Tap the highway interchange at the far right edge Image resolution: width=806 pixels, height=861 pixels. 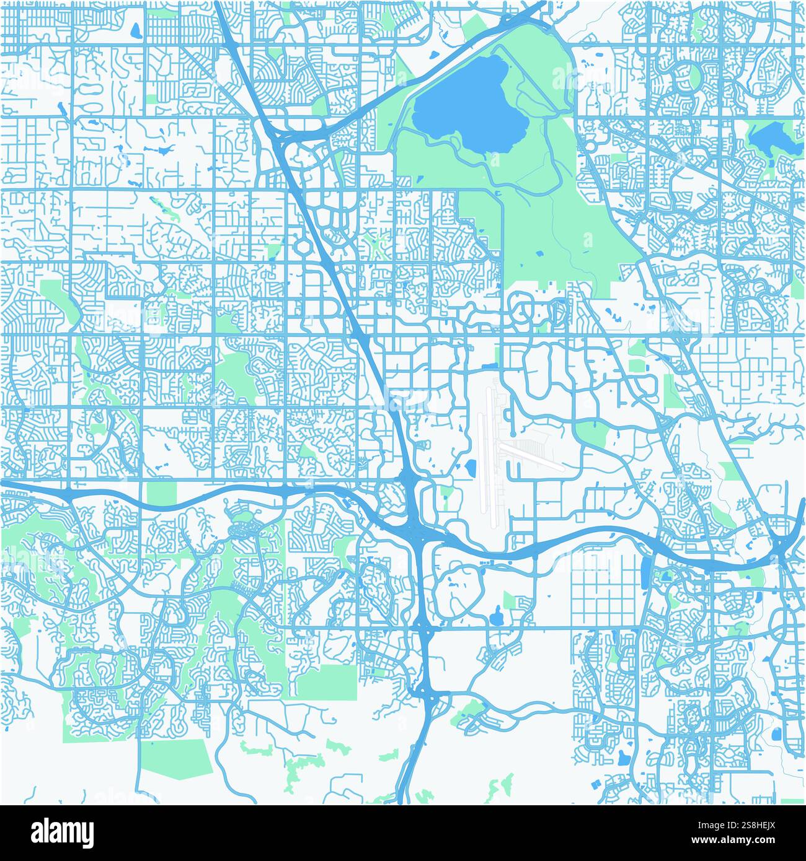pyautogui.click(x=782, y=545)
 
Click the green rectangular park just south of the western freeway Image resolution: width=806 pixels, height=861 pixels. pyautogui.click(x=161, y=493)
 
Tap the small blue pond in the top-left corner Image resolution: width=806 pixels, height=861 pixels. pyautogui.click(x=135, y=29)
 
